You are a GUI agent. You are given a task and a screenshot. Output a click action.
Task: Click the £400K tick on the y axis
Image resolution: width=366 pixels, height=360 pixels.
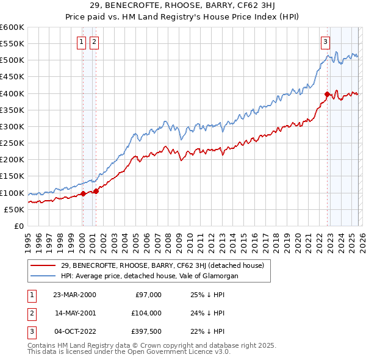click(x=12, y=93)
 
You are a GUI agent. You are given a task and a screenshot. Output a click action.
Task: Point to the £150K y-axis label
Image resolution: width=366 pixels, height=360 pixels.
click(x=12, y=176)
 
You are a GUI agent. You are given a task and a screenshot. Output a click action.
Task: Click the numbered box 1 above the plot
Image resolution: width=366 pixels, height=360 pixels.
click(x=82, y=42)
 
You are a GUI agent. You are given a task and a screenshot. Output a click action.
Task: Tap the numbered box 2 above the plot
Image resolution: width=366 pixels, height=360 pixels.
click(x=95, y=42)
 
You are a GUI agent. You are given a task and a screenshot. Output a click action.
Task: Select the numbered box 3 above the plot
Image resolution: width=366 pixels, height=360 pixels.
click(x=326, y=42)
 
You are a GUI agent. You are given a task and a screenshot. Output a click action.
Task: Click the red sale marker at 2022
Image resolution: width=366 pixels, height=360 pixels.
click(x=328, y=95)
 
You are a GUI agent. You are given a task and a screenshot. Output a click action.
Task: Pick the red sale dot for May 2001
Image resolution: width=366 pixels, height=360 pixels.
click(x=96, y=192)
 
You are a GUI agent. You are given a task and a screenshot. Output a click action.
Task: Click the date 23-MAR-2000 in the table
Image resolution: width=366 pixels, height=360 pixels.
click(x=75, y=295)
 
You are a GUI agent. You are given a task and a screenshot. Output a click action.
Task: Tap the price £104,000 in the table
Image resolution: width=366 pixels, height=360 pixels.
click(x=146, y=313)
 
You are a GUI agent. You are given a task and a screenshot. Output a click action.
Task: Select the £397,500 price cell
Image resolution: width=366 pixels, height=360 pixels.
click(x=146, y=331)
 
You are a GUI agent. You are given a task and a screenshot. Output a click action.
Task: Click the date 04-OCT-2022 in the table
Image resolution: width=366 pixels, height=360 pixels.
click(x=75, y=331)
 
